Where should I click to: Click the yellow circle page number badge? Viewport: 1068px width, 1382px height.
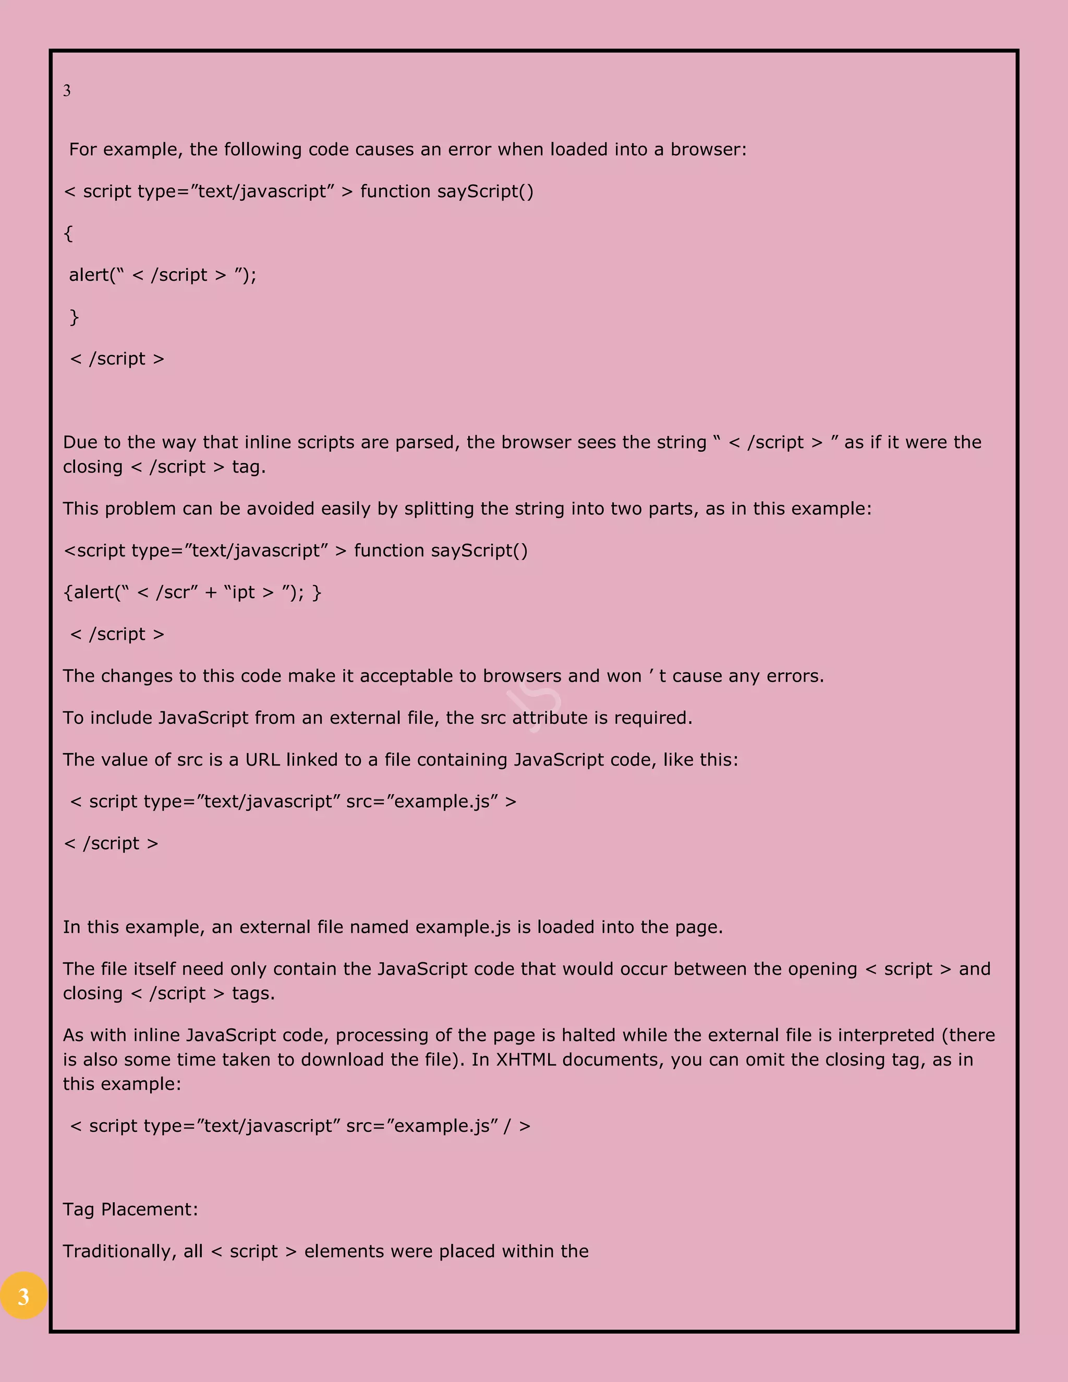[23, 1295]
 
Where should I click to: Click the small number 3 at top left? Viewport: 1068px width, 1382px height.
[66, 91]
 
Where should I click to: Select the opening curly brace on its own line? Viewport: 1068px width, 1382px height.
[68, 234]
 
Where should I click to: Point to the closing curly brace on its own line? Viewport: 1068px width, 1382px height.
[74, 317]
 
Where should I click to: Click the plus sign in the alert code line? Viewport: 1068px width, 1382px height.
[211, 592]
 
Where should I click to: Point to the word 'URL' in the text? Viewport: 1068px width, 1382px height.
[262, 759]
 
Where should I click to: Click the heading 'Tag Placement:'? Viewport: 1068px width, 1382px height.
[130, 1209]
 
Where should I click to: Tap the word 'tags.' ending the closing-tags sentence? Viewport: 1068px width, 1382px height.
[253, 993]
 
